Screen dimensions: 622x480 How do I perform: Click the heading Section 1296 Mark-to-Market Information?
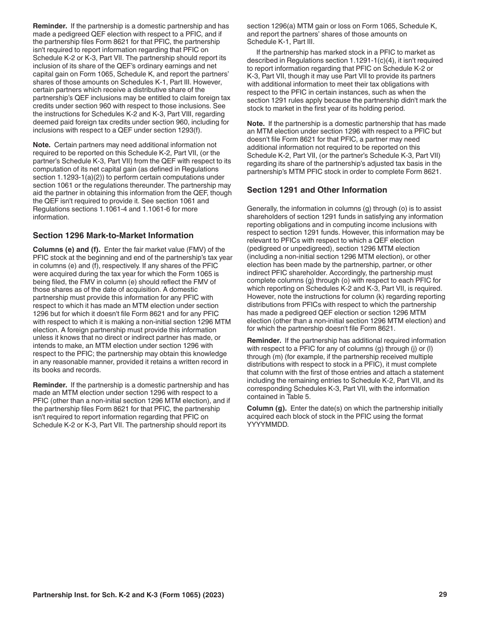pyautogui.click(x=113, y=236)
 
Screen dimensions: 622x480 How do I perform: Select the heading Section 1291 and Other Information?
pyautogui.click(x=317, y=190)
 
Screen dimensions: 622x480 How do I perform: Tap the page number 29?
pyautogui.click(x=443, y=595)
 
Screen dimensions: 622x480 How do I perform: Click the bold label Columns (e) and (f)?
pyautogui.click(x=67, y=249)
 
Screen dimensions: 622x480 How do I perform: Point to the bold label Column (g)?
pyautogui.click(x=267, y=408)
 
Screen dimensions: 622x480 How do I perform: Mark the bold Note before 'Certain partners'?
pyautogui.click(x=42, y=145)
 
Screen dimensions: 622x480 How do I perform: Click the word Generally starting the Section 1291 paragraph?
pyautogui.click(x=263, y=209)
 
